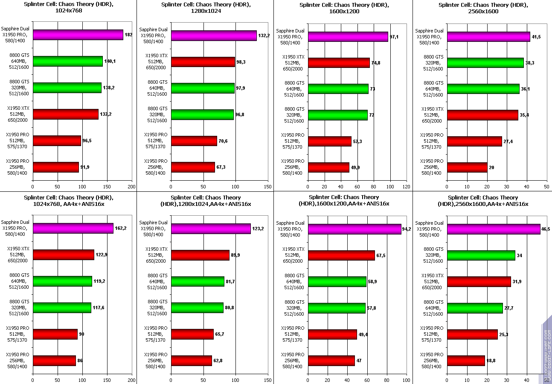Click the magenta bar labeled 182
tap(78, 35)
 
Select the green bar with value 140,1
tap(67, 62)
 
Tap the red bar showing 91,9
tap(55, 167)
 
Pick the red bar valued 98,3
tap(203, 62)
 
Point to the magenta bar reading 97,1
tap(348, 37)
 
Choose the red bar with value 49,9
tap(328, 167)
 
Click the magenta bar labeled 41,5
tap(488, 37)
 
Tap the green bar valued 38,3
tap(485, 63)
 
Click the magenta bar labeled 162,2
tap(73, 229)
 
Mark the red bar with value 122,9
tap(63, 255)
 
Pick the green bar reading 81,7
tap(198, 281)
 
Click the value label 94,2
tap(408, 229)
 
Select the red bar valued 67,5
tap(341, 255)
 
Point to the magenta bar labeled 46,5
tap(493, 229)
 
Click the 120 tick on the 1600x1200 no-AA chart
tap(407, 186)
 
